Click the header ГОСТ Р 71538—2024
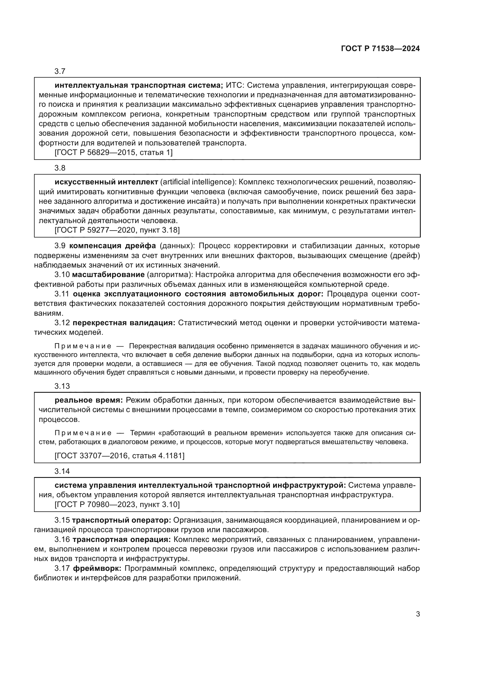point(380,49)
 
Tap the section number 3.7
point(60,71)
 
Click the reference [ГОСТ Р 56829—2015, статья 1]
point(113,152)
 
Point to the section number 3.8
point(60,168)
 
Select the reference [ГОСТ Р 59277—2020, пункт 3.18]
point(117,230)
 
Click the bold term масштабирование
point(108,274)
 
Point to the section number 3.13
point(62,386)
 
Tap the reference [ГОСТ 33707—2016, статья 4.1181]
point(119,456)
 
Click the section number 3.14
point(62,471)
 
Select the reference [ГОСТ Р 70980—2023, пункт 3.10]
point(117,504)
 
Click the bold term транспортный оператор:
point(121,520)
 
